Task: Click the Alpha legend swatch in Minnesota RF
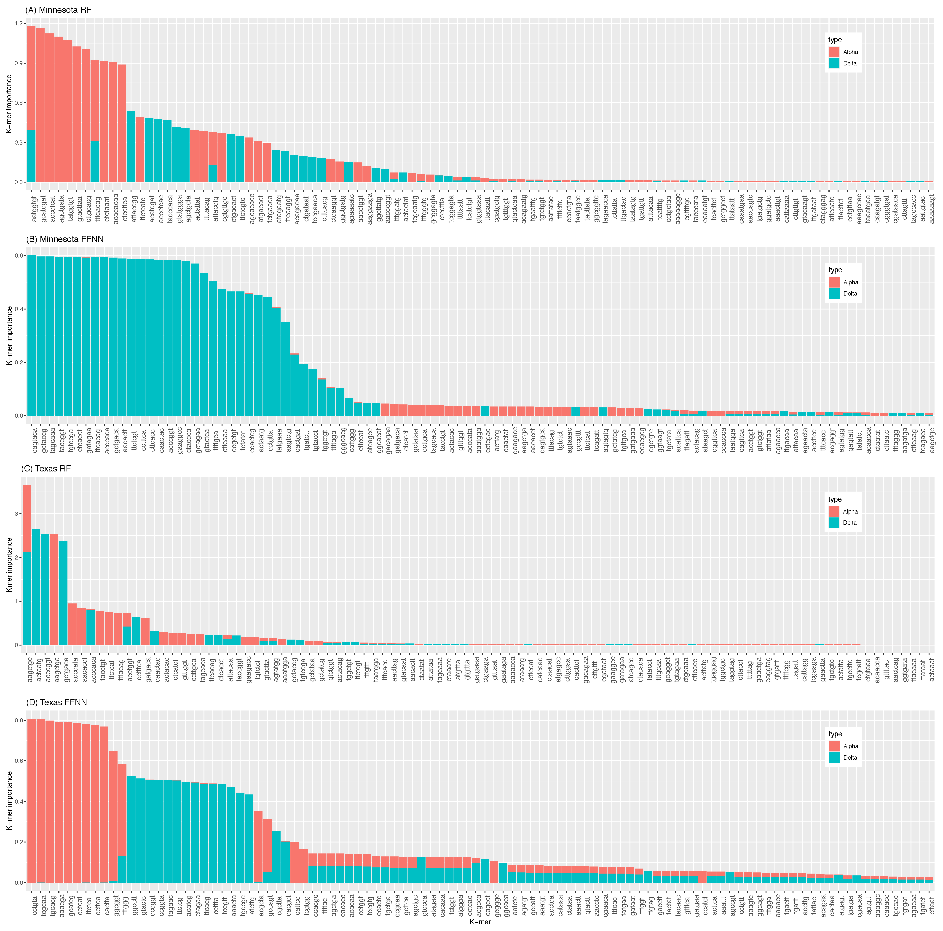[x=834, y=52]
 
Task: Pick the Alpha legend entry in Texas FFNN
[x=834, y=746]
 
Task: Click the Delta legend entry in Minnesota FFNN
[x=834, y=293]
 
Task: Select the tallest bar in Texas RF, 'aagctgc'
[x=27, y=561]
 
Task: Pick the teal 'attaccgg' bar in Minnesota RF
[x=131, y=146]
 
